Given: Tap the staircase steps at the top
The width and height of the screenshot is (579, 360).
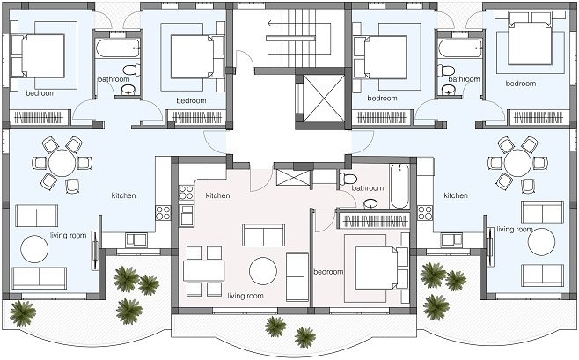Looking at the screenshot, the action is tap(292, 38).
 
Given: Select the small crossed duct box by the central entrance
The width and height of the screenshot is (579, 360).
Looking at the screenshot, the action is tap(292, 178).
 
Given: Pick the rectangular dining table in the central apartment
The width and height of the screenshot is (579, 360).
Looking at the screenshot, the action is tap(204, 271).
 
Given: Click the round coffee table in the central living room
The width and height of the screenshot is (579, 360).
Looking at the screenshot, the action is tap(263, 271).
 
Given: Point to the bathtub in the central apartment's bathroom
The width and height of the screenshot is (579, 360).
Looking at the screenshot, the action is tap(399, 187).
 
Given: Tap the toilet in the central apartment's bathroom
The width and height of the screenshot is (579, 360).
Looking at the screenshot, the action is tap(348, 179).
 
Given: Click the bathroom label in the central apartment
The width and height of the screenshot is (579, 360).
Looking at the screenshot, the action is tap(368, 188).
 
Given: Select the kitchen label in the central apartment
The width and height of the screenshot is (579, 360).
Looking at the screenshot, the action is tap(218, 195).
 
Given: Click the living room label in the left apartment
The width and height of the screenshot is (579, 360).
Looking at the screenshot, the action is tap(69, 235).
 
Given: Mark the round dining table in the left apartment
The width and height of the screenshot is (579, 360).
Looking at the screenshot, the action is tap(62, 163).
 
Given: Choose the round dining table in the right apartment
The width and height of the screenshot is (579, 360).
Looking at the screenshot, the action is tap(517, 163).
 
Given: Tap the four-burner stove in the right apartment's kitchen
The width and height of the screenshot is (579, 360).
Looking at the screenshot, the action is tap(425, 213).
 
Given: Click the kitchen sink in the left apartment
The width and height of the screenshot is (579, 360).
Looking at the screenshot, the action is tap(136, 240).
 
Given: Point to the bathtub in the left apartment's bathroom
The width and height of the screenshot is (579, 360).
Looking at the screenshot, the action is tap(117, 48).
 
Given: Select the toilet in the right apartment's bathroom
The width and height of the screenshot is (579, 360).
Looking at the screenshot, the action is tap(446, 70).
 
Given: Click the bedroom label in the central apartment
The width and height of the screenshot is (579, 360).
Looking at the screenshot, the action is tap(328, 272).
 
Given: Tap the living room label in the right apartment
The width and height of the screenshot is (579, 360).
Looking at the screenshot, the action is tap(515, 230).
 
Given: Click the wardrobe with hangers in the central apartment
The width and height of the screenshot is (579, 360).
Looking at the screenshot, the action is tap(374, 220).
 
